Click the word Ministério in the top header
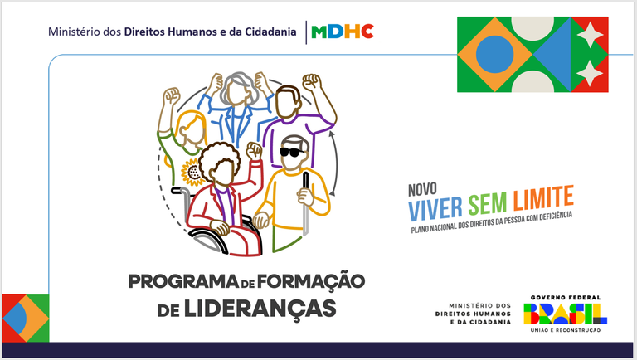(x=77, y=32)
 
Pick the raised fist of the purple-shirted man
(x=311, y=84)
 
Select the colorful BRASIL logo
(x=565, y=314)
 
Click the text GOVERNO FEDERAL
(x=565, y=297)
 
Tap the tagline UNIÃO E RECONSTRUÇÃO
(x=565, y=330)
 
